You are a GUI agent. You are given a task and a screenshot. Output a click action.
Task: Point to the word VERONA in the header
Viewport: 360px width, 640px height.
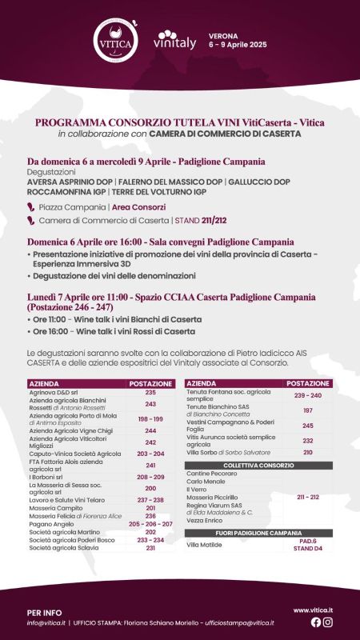point(223,37)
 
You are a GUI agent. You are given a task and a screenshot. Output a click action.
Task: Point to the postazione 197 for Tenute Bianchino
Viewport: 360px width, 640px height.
point(307,410)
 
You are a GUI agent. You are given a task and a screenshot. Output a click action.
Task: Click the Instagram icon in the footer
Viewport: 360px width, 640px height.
point(328,622)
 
